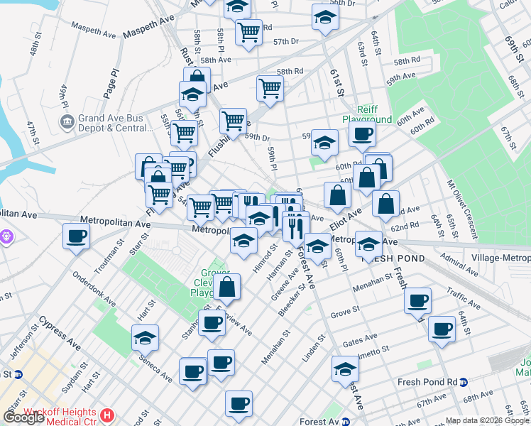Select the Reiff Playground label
click(367, 114)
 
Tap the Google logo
click(24, 417)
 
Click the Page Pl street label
click(114, 82)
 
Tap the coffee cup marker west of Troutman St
click(76, 236)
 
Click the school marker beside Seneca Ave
click(145, 338)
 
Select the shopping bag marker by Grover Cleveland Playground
click(228, 288)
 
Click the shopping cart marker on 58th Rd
click(270, 89)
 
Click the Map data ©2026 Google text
click(487, 420)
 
